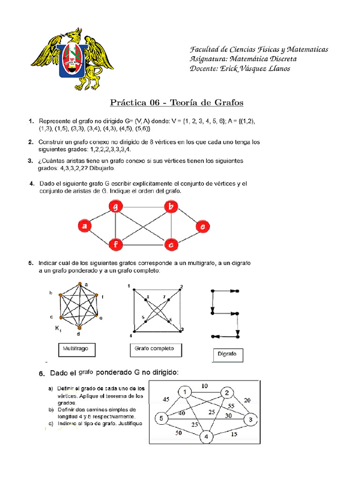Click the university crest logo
click(x=72, y=59)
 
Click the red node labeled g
click(x=115, y=207)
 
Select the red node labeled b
click(x=171, y=207)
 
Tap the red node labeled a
click(x=84, y=226)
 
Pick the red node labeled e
click(x=202, y=226)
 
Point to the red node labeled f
click(x=115, y=244)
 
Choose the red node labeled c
click(x=171, y=244)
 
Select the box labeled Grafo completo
click(x=154, y=349)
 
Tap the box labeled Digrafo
click(x=227, y=355)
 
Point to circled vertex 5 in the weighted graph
click(x=162, y=418)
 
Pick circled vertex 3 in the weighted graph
click(x=250, y=419)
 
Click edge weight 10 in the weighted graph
click(x=205, y=386)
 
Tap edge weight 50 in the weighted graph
click(x=179, y=434)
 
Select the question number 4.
click(x=32, y=184)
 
